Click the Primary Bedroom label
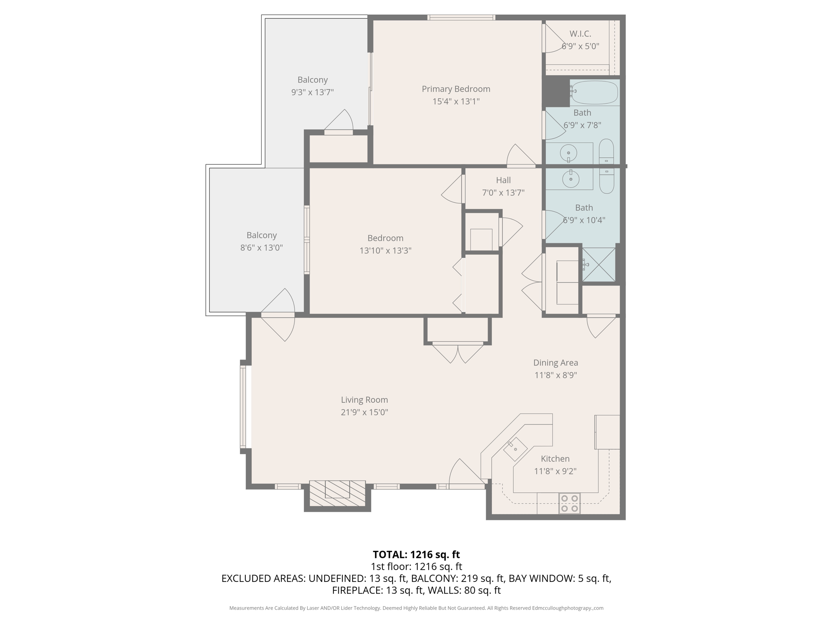pyautogui.click(x=456, y=89)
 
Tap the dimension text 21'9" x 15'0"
pyautogui.click(x=364, y=412)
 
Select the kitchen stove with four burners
pyautogui.click(x=569, y=503)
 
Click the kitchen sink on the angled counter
pyautogui.click(x=515, y=448)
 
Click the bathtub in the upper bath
pyautogui.click(x=594, y=92)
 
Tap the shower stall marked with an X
pyautogui.click(x=599, y=264)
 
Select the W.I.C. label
pyautogui.click(x=580, y=34)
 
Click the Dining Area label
pyautogui.click(x=555, y=363)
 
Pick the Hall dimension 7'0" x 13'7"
pyautogui.click(x=503, y=192)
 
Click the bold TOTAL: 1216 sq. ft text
pyautogui.click(x=416, y=555)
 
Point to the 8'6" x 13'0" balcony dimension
pyautogui.click(x=261, y=247)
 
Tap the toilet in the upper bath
pyautogui.click(x=606, y=153)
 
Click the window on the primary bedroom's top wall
pyautogui.click(x=461, y=17)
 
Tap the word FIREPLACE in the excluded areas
pyautogui.click(x=356, y=590)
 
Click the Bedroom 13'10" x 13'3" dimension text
pyautogui.click(x=385, y=251)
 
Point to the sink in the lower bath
pyautogui.click(x=571, y=179)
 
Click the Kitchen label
pyautogui.click(x=555, y=459)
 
